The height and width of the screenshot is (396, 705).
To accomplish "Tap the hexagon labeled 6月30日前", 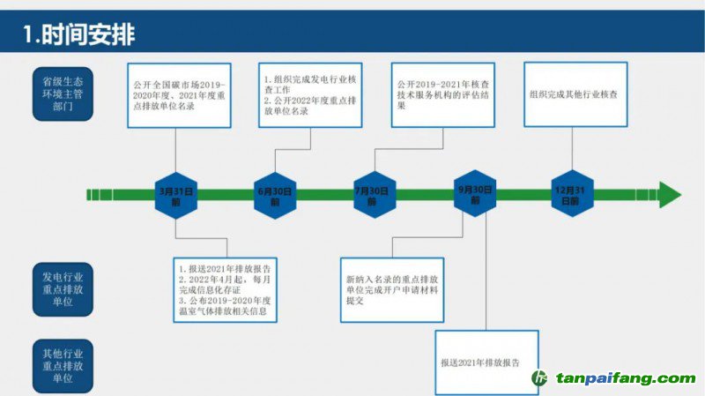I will click(x=275, y=195).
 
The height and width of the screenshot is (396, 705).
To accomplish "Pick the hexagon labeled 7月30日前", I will click(x=372, y=195).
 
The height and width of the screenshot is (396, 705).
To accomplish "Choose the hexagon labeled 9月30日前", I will click(x=475, y=195).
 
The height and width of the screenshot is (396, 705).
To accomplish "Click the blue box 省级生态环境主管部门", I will click(x=63, y=92).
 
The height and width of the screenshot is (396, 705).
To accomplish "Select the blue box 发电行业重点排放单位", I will click(x=63, y=288).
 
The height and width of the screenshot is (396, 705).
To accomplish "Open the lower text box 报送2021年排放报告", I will click(x=486, y=362).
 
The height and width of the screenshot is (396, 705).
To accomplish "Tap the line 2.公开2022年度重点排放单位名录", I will click(x=304, y=108).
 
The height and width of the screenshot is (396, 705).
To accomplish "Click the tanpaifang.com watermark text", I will click(x=624, y=379).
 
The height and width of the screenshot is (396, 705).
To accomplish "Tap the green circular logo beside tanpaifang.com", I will click(x=539, y=379).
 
